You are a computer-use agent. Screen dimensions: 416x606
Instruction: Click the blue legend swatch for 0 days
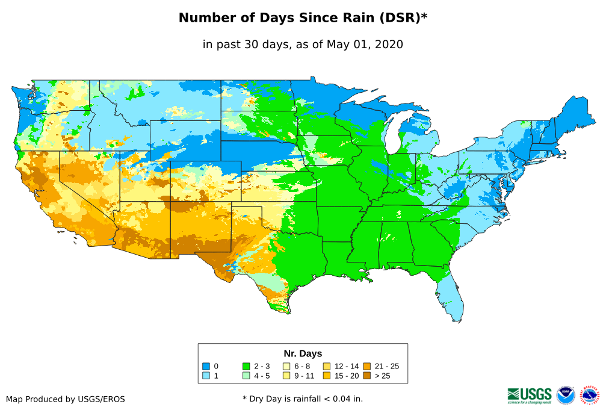point(206,366)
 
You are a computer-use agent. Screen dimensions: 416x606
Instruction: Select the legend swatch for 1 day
point(206,376)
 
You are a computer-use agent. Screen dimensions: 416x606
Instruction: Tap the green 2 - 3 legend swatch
point(246,366)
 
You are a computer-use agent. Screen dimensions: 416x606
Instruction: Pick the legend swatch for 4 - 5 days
point(246,376)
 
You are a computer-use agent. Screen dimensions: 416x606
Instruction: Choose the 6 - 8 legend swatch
point(286,366)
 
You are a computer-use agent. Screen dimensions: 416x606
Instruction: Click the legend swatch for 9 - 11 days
point(286,376)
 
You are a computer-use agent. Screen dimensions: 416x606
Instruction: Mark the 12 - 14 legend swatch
point(326,366)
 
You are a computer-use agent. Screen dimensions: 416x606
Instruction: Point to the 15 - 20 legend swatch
point(326,376)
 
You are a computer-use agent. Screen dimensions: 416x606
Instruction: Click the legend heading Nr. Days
point(303,353)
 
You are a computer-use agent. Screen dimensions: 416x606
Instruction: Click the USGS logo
point(530,395)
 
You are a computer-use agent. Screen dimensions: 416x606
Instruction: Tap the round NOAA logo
point(566,395)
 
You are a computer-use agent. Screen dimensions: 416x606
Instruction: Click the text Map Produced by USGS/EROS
point(66,399)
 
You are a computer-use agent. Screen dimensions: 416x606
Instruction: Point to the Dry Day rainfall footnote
point(303,399)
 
